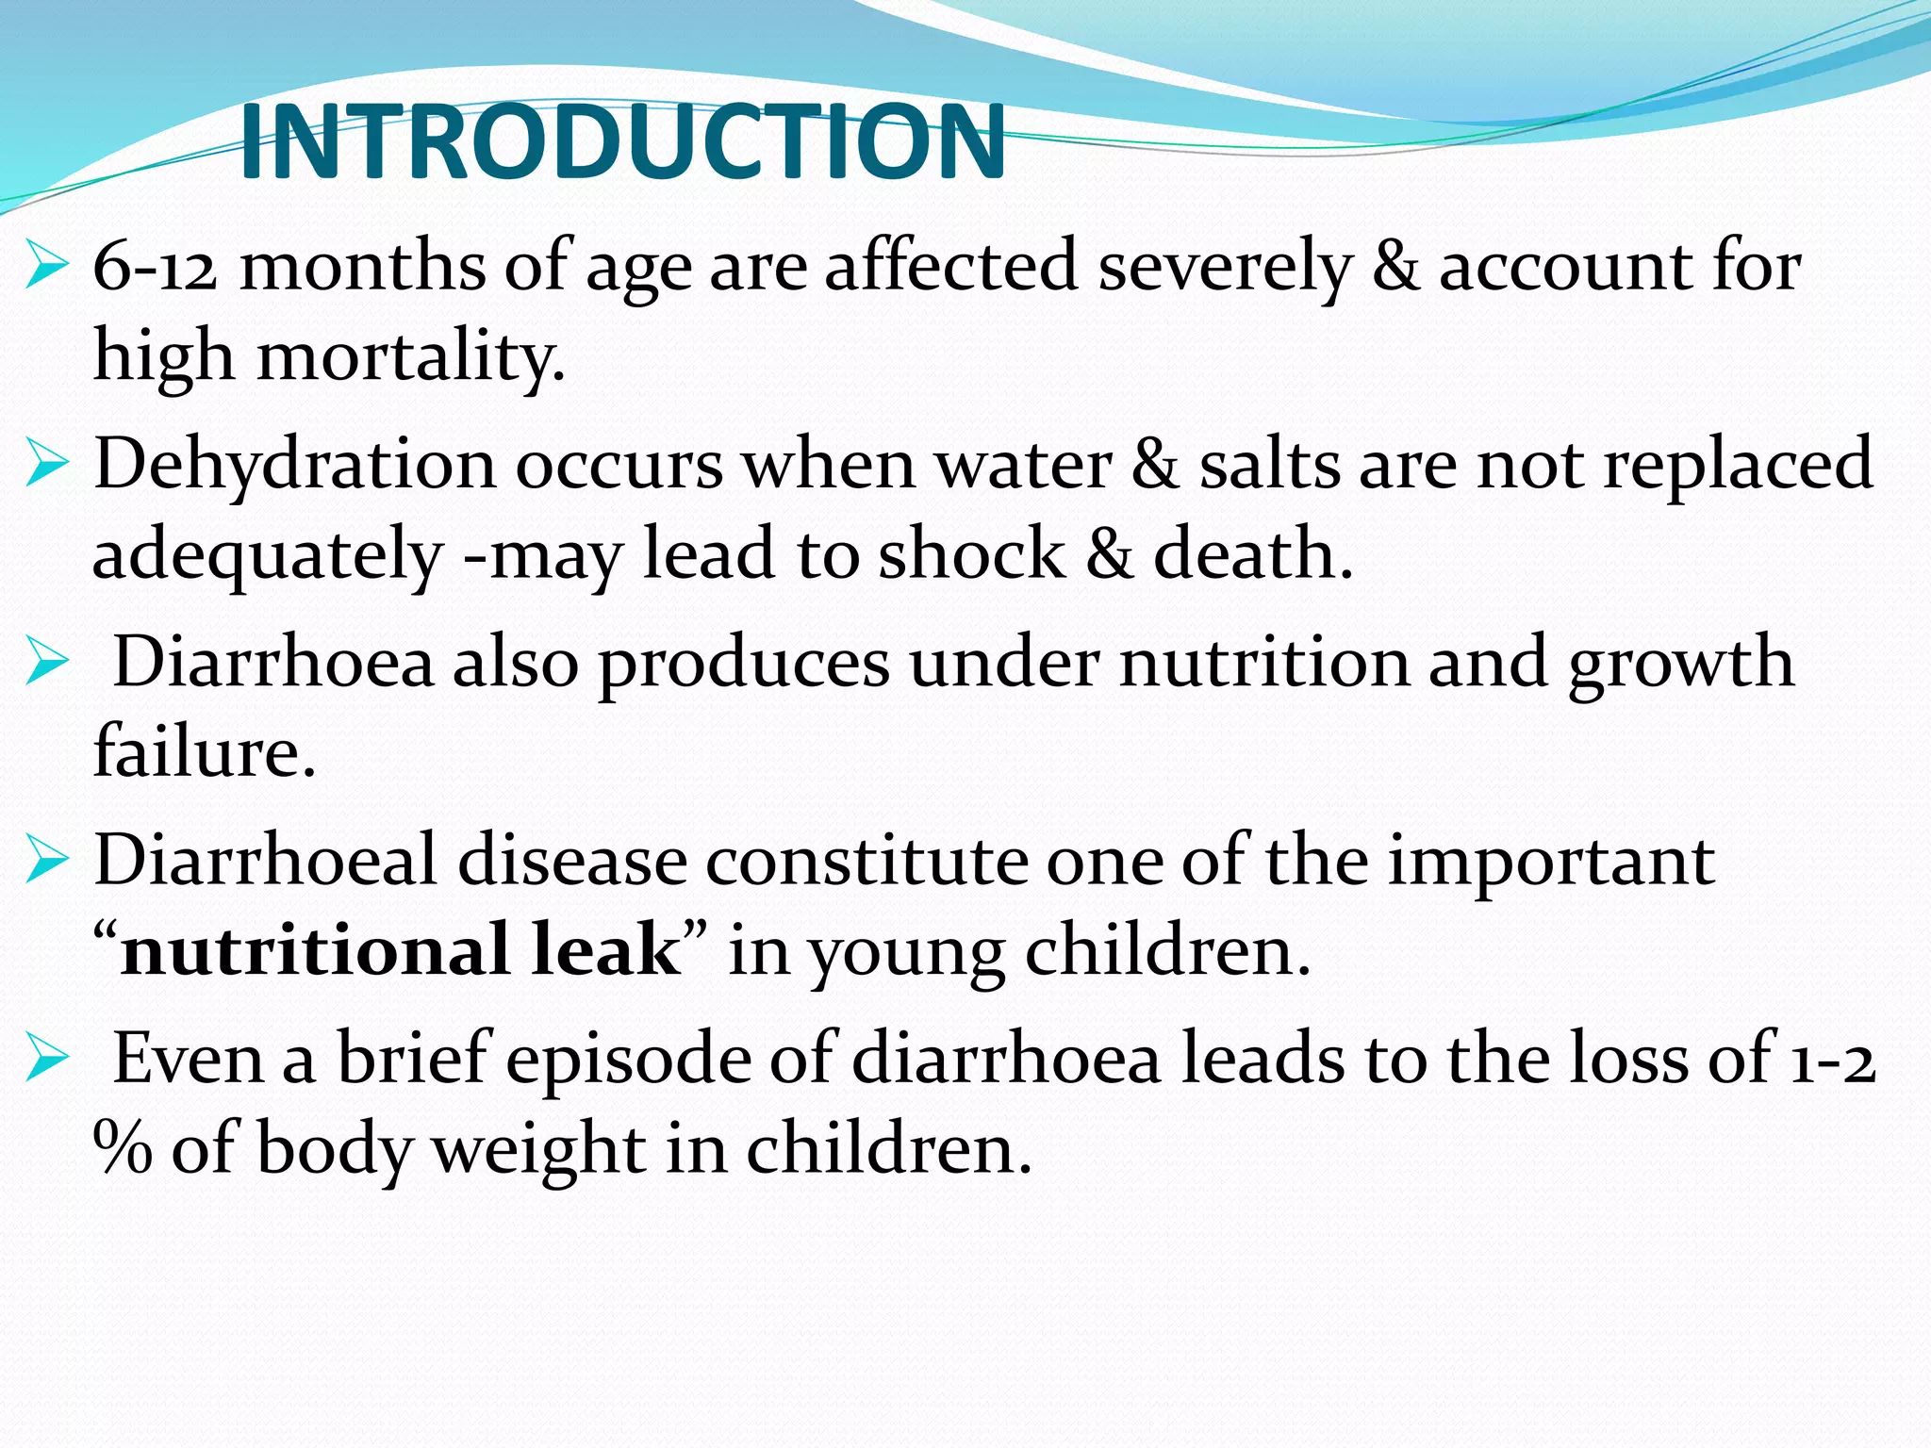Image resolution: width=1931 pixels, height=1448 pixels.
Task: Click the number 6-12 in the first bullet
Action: point(156,267)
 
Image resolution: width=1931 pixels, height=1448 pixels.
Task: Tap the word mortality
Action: point(411,358)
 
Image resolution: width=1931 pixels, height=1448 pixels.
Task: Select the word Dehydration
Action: point(294,465)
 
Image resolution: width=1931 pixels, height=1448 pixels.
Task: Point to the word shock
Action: point(971,554)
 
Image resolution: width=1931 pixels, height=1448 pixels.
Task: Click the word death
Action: point(1253,554)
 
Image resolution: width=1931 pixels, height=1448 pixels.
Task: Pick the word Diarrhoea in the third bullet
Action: point(273,663)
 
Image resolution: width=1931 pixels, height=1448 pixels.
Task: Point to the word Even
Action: point(189,1059)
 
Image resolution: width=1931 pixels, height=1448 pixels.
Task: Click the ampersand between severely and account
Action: point(1395,267)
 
